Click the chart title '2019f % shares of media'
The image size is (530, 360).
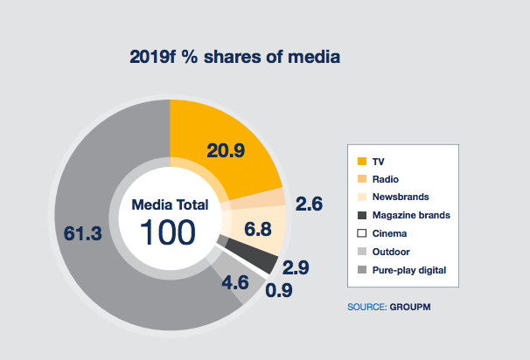pyautogui.click(x=235, y=57)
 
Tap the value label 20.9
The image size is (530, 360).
pyautogui.click(x=226, y=150)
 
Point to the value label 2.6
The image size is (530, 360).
pyautogui.click(x=309, y=204)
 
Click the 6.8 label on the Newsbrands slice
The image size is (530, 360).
pyautogui.click(x=257, y=230)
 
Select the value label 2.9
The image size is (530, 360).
pyautogui.click(x=296, y=267)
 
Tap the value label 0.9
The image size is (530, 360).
pyautogui.click(x=279, y=290)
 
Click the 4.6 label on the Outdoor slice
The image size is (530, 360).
pyautogui.click(x=235, y=282)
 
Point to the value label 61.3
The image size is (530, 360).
pyautogui.click(x=83, y=233)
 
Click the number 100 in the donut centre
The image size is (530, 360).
pyautogui.click(x=168, y=232)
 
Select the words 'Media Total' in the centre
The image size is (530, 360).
pyautogui.click(x=170, y=205)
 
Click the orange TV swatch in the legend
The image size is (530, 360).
pyautogui.click(x=362, y=161)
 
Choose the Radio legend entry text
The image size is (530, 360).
pyautogui.click(x=386, y=179)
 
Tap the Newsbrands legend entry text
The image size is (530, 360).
pyautogui.click(x=401, y=197)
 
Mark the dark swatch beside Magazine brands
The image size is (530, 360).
pyautogui.click(x=362, y=215)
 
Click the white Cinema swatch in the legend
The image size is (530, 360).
pyautogui.click(x=362, y=233)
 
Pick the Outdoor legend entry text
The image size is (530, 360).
pyautogui.click(x=391, y=252)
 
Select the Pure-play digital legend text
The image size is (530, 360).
pyautogui.click(x=409, y=271)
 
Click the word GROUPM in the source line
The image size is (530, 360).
pyautogui.click(x=410, y=307)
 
